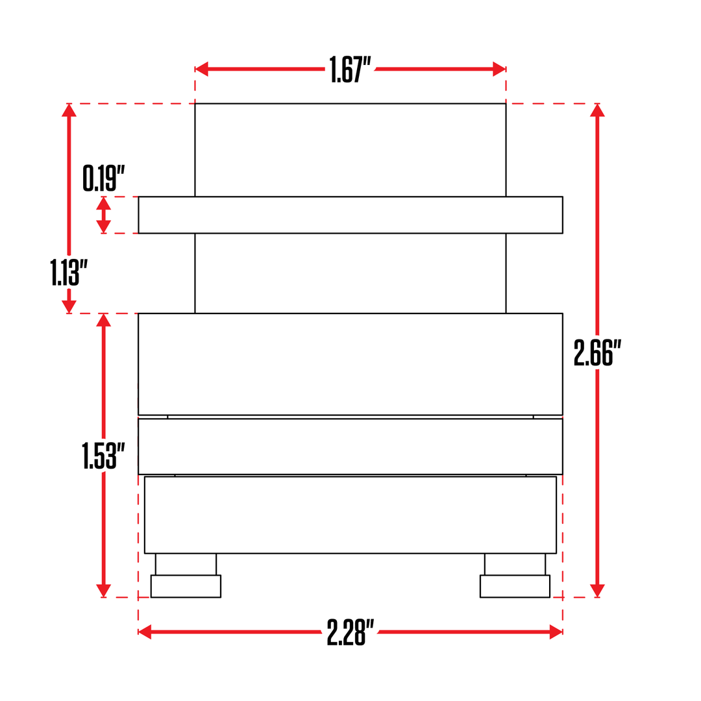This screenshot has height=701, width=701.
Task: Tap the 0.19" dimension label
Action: tap(103, 178)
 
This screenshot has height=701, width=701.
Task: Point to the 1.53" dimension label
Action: tap(99, 456)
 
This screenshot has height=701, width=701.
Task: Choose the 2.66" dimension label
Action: tap(597, 353)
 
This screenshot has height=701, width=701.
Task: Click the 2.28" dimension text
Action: tap(350, 632)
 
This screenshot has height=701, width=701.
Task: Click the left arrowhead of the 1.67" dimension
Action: tap(201, 69)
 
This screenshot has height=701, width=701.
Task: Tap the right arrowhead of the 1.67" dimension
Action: tap(500, 69)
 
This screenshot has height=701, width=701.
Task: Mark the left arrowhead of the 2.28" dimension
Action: tap(145, 632)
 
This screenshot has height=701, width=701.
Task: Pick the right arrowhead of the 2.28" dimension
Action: tap(556, 632)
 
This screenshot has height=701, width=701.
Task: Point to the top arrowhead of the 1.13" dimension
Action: tap(69, 110)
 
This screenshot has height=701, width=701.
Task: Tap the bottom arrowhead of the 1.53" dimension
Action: tap(103, 591)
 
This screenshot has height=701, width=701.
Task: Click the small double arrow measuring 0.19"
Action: tap(103, 215)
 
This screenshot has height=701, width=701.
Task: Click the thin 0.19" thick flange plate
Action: tap(350, 215)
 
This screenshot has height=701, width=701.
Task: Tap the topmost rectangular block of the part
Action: tap(350, 149)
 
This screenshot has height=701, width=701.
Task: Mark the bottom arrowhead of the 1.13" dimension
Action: tap(69, 307)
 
